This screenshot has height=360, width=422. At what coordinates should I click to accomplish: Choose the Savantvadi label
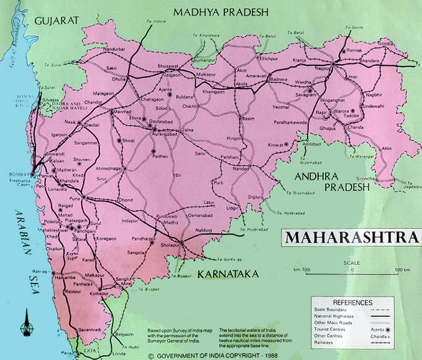pyautogui.click(x=89, y=329)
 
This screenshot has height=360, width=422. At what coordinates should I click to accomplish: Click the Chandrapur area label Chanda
pyautogui.click(x=356, y=127)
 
